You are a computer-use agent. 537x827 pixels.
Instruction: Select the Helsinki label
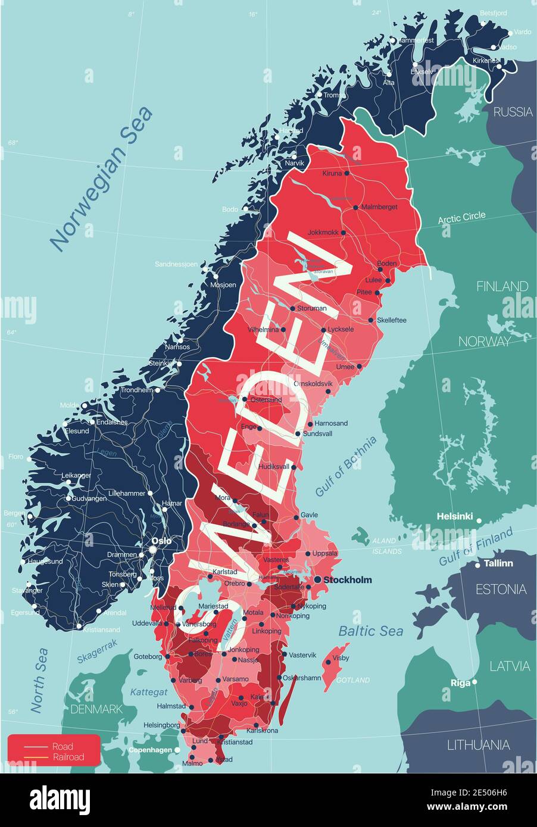(455, 516)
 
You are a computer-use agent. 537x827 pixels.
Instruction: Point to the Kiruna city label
(332, 174)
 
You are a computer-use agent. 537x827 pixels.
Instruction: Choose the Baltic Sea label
(370, 631)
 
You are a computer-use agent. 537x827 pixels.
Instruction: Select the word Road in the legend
(63, 747)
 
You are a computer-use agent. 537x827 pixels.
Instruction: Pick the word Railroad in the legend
(68, 757)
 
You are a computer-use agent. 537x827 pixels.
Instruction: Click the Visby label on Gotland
(341, 658)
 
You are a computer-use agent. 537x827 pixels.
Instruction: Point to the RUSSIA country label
(513, 111)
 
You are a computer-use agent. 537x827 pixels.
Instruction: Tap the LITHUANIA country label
(478, 744)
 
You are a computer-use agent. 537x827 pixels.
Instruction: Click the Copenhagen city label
(150, 750)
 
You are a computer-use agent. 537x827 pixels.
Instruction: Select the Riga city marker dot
(474, 682)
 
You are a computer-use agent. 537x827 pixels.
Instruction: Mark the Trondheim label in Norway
(136, 390)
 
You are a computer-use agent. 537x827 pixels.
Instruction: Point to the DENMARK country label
(96, 709)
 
